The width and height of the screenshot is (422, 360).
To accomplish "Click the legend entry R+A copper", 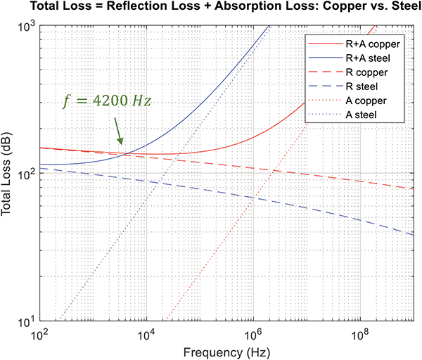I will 369,44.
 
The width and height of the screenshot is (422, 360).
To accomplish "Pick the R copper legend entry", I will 364,72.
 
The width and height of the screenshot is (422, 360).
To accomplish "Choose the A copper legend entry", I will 364,100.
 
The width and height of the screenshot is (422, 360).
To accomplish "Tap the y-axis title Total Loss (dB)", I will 8,174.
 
